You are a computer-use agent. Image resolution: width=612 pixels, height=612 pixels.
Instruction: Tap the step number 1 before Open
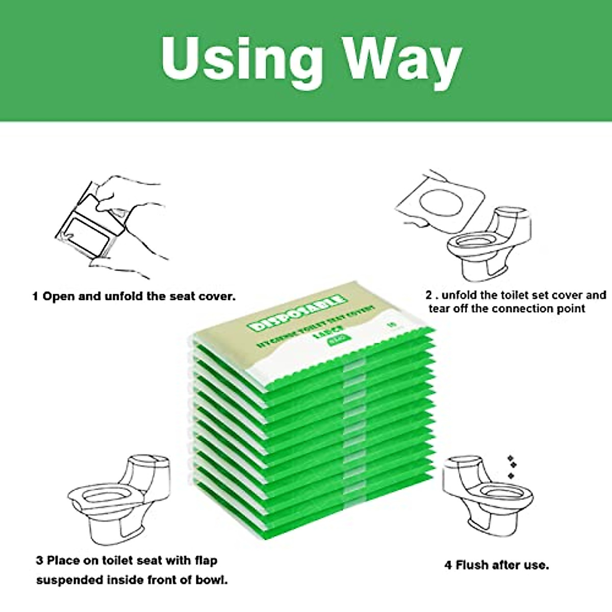(x=35, y=296)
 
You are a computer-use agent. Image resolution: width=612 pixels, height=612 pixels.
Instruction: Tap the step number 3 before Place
(x=39, y=560)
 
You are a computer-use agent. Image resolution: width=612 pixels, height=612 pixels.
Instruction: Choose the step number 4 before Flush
(x=448, y=565)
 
